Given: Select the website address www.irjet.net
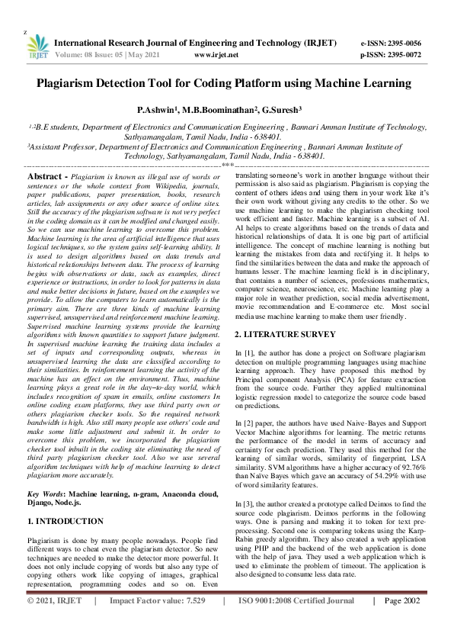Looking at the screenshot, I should click(x=216, y=55).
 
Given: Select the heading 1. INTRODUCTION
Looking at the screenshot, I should click(x=65, y=522).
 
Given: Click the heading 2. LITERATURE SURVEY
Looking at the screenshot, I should click(x=286, y=335).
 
